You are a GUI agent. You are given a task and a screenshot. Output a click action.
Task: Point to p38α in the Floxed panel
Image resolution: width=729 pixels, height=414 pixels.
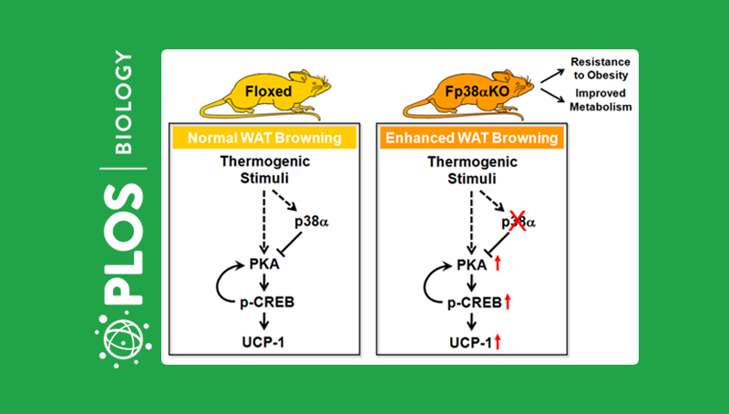(311, 222)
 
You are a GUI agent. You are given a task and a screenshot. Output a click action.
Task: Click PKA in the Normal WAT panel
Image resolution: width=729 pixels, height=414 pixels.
(265, 265)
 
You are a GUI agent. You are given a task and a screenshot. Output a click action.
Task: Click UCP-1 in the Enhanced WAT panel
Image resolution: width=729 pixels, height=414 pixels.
(468, 341)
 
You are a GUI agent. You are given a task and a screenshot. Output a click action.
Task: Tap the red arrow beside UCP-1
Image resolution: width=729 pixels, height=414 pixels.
(499, 341)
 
